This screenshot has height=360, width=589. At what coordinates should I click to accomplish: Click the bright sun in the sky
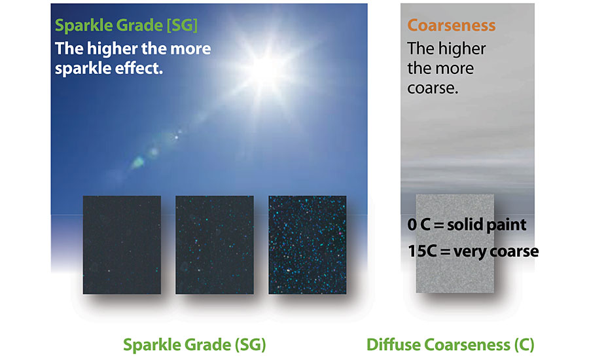click(x=266, y=70)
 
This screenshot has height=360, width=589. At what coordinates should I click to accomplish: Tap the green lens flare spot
click(x=138, y=162)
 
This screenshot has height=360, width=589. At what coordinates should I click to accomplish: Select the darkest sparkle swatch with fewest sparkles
click(x=122, y=245)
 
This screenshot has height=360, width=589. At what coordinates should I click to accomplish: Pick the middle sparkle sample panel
click(x=215, y=245)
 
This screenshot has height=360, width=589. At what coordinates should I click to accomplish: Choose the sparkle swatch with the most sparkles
click(x=308, y=245)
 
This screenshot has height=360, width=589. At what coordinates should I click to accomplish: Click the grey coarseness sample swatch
click(x=455, y=243)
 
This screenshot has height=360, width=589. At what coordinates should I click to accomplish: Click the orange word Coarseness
click(x=452, y=25)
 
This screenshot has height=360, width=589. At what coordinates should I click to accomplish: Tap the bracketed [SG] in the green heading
click(x=182, y=26)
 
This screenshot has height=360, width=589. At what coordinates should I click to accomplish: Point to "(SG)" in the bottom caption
click(x=251, y=345)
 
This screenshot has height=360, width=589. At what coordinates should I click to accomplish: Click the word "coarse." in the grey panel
click(x=433, y=88)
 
